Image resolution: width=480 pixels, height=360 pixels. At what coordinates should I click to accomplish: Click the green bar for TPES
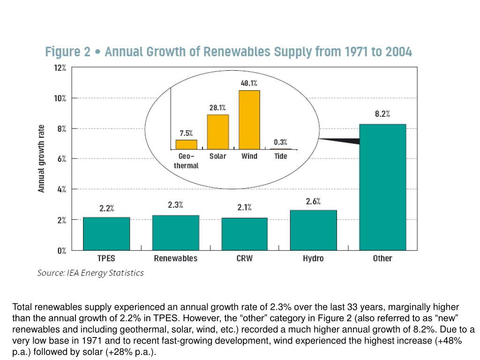coord(106,233)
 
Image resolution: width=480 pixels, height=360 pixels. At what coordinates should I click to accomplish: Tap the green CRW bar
coord(244,234)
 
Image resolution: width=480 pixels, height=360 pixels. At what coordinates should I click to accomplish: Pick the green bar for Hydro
coord(313,230)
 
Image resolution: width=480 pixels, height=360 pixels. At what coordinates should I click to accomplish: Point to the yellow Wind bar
coord(249,120)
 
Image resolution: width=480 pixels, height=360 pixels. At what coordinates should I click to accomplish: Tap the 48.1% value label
coord(249,83)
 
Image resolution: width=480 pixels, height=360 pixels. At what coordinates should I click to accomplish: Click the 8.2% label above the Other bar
coord(382,114)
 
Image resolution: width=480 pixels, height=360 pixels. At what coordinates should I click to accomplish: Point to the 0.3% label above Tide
coord(281,142)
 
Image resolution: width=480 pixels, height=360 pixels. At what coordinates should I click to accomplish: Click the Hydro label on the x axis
coord(313,258)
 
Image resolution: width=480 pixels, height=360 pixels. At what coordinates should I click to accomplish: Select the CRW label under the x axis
coord(244,258)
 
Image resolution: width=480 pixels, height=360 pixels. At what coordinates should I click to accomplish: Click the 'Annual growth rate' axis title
coord(42,158)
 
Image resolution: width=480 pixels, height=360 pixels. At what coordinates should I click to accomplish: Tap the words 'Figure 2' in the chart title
coord(67,52)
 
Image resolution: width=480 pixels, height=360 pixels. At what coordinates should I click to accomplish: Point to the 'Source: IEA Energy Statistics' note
coord(90,273)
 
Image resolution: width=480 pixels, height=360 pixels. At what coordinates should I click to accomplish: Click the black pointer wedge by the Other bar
coord(342,140)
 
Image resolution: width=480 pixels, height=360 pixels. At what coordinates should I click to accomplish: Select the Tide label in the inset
coord(281,156)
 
